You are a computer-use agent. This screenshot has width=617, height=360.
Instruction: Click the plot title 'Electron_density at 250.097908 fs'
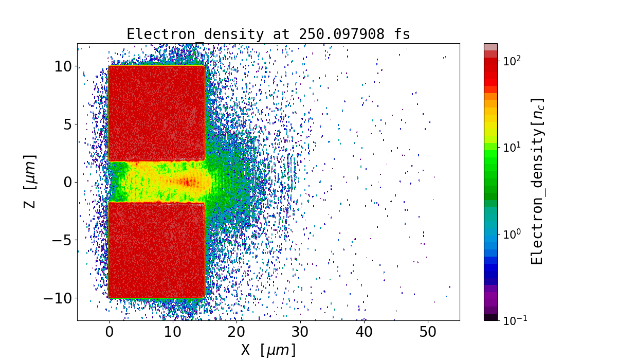268,34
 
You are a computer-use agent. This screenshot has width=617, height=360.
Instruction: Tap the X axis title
268,350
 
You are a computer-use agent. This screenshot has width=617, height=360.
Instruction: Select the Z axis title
30,182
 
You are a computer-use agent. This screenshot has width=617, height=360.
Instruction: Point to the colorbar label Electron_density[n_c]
537,182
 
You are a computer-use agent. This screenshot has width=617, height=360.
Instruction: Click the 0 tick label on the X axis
109,332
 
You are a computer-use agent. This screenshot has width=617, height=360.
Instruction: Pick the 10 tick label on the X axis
173,332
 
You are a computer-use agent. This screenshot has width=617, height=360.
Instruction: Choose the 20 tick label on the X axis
237,332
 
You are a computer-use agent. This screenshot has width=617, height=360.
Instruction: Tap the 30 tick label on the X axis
300,332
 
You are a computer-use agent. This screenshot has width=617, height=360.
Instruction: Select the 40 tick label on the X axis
364,332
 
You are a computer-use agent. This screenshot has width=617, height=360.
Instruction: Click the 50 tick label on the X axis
428,332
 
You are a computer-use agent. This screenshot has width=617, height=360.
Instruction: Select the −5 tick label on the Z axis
60,240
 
